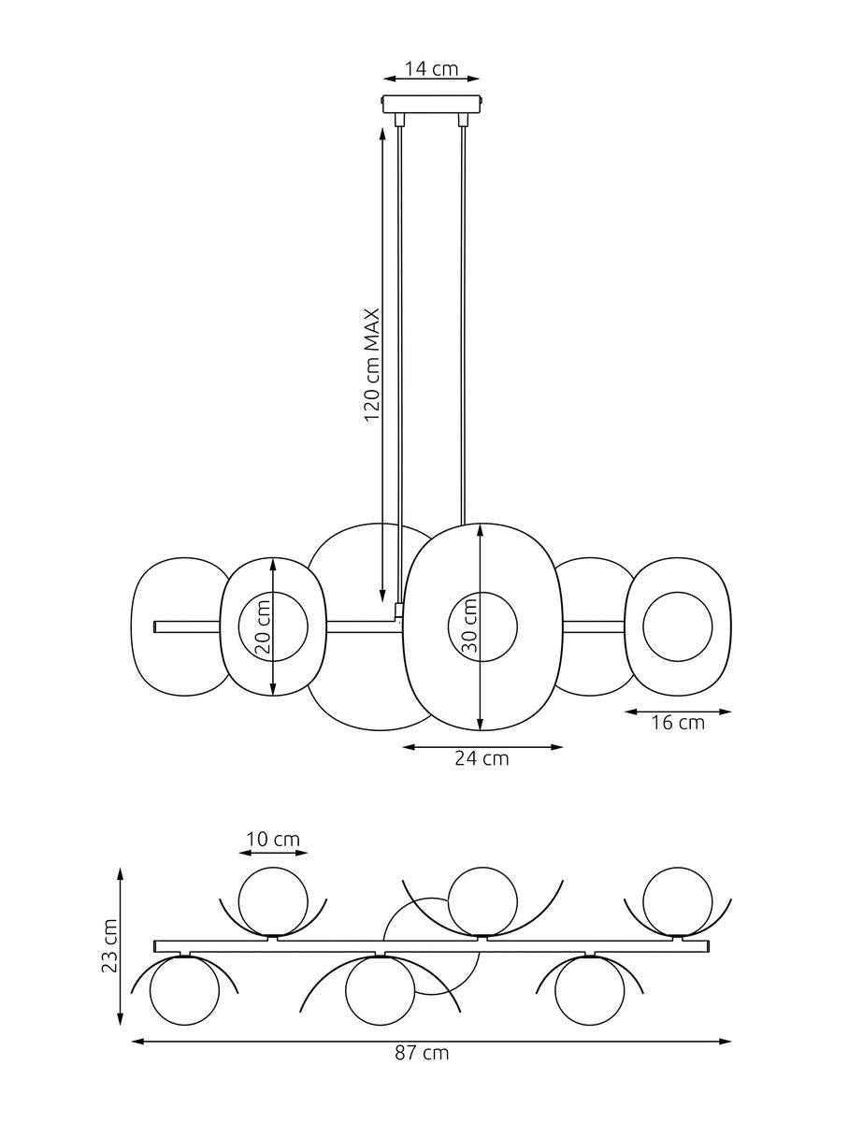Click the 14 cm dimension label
pyautogui.click(x=432, y=68)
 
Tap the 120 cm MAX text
pyautogui.click(x=371, y=365)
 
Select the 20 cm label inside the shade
pyautogui.click(x=263, y=626)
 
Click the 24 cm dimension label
pyautogui.click(x=482, y=758)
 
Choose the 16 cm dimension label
pyautogui.click(x=678, y=723)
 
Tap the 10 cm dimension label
pyautogui.click(x=273, y=840)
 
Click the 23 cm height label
pyautogui.click(x=110, y=945)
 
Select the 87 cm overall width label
pyautogui.click(x=421, y=1053)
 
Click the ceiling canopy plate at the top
pyautogui.click(x=432, y=102)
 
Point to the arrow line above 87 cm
pyautogui.click(x=431, y=1040)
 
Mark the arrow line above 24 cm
pyautogui.click(x=482, y=746)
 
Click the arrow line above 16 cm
pyautogui.click(x=678, y=711)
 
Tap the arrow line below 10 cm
pyautogui.click(x=273, y=853)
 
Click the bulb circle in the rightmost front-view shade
pyautogui.click(x=678, y=626)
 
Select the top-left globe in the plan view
pyautogui.click(x=273, y=901)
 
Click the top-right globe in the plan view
pyautogui.click(x=677, y=901)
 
